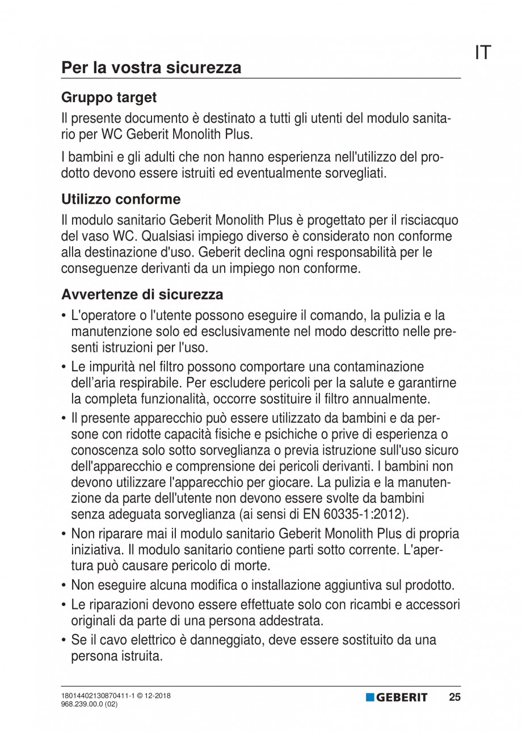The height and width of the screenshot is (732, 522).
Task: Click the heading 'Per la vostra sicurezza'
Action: [x=151, y=68]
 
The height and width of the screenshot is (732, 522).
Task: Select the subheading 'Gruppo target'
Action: [x=109, y=98]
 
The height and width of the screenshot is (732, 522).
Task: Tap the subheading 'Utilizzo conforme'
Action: [x=121, y=199]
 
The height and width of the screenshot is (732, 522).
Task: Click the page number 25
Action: [x=454, y=697]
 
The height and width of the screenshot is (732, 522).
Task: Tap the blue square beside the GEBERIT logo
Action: [x=370, y=697]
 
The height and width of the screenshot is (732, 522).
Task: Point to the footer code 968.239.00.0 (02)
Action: [x=90, y=704]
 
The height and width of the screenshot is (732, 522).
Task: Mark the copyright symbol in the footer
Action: [x=140, y=695]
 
